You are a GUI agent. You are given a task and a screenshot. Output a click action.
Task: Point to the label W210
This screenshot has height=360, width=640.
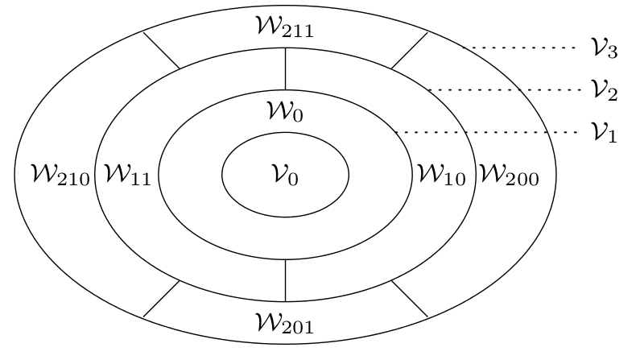pos(52,175)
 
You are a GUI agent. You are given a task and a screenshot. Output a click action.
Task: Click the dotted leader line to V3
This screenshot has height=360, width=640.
pos(523,48)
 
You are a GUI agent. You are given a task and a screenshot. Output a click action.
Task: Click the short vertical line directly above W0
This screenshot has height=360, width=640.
pos(286,68)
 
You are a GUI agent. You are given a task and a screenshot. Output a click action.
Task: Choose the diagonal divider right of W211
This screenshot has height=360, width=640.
pos(410,50)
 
